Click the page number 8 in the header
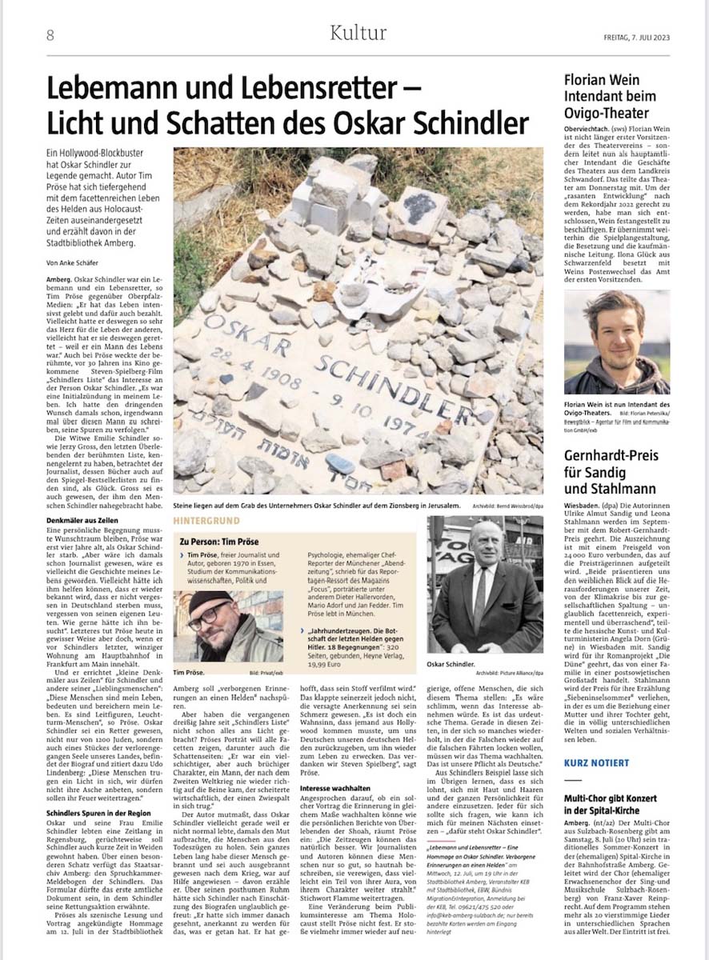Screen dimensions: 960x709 (50, 34)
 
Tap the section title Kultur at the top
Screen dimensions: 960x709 (358, 33)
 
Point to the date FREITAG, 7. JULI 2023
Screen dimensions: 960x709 (627, 34)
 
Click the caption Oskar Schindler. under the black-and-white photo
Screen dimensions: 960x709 (454, 663)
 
